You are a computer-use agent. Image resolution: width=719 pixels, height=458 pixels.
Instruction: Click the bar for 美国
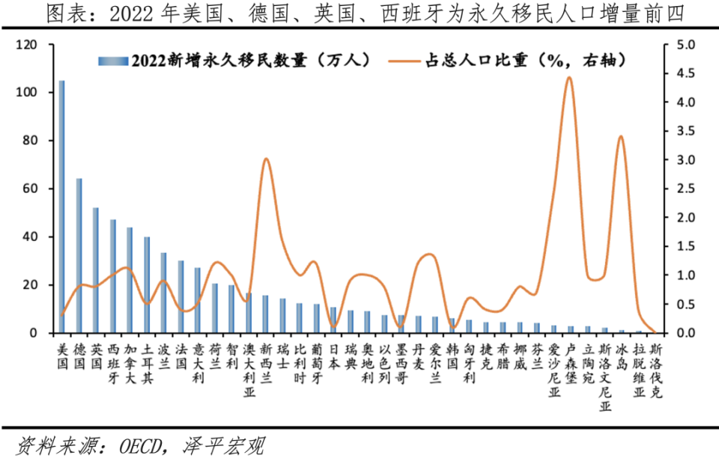tap(62, 207)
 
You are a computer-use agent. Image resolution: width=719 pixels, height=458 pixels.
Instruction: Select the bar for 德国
tap(79, 255)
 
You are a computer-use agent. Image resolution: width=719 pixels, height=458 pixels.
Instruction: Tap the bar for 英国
tap(96, 270)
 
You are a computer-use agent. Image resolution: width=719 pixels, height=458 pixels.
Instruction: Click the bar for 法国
tap(180, 296)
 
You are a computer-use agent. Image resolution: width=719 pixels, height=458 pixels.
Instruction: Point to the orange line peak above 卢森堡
tap(569, 77)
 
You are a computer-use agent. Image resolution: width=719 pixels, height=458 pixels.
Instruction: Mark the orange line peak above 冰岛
tap(621, 136)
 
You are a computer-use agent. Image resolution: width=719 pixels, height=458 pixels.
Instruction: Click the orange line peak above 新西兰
tap(266, 159)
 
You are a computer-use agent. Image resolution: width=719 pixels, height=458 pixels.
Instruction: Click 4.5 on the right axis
tap(685, 73)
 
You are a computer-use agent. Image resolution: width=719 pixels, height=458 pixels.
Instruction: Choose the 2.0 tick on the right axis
tap(685, 218)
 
